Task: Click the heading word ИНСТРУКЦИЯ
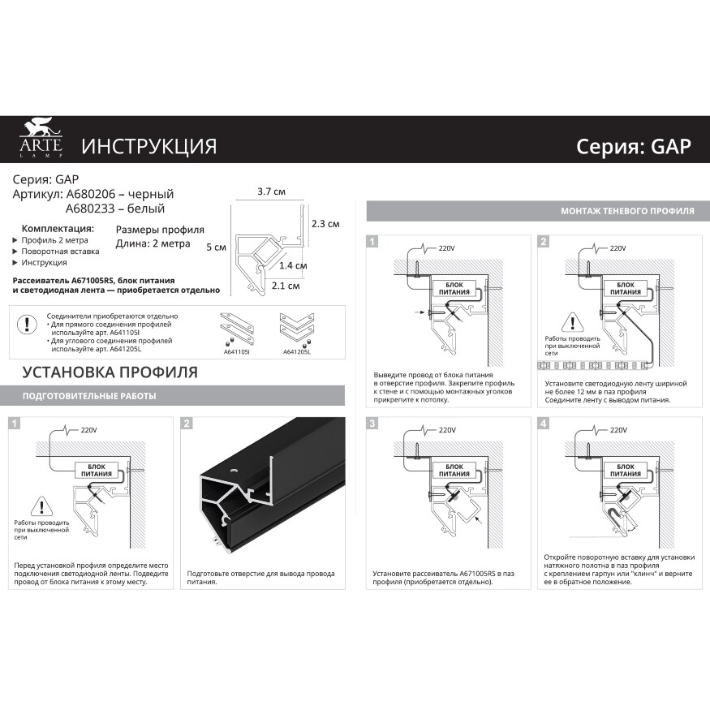pyautogui.click(x=148, y=146)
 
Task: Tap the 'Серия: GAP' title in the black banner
pyautogui.click(x=633, y=146)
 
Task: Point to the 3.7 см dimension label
pyautogui.click(x=270, y=192)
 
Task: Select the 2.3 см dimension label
pyautogui.click(x=325, y=224)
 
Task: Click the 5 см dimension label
pyautogui.click(x=216, y=247)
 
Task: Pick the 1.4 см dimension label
pyautogui.click(x=293, y=265)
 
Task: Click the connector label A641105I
pyautogui.click(x=236, y=352)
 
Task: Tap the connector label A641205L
pyautogui.click(x=296, y=352)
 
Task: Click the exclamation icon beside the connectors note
pyautogui.click(x=28, y=325)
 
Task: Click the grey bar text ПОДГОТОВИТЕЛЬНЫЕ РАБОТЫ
pyautogui.click(x=89, y=396)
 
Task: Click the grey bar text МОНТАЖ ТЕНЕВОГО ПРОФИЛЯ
pyautogui.click(x=627, y=211)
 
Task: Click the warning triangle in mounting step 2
pyautogui.click(x=570, y=320)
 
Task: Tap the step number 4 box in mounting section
pyautogui.click(x=543, y=424)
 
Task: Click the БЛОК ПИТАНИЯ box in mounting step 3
pyautogui.click(x=454, y=470)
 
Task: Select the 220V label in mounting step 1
pyautogui.click(x=447, y=248)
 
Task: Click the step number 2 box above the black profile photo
pyautogui.click(x=187, y=424)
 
